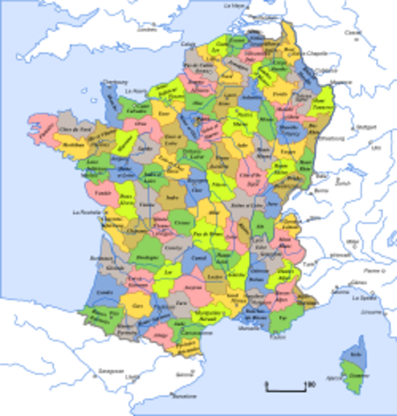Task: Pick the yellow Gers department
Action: coord(137,306)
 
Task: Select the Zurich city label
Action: coord(351,185)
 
